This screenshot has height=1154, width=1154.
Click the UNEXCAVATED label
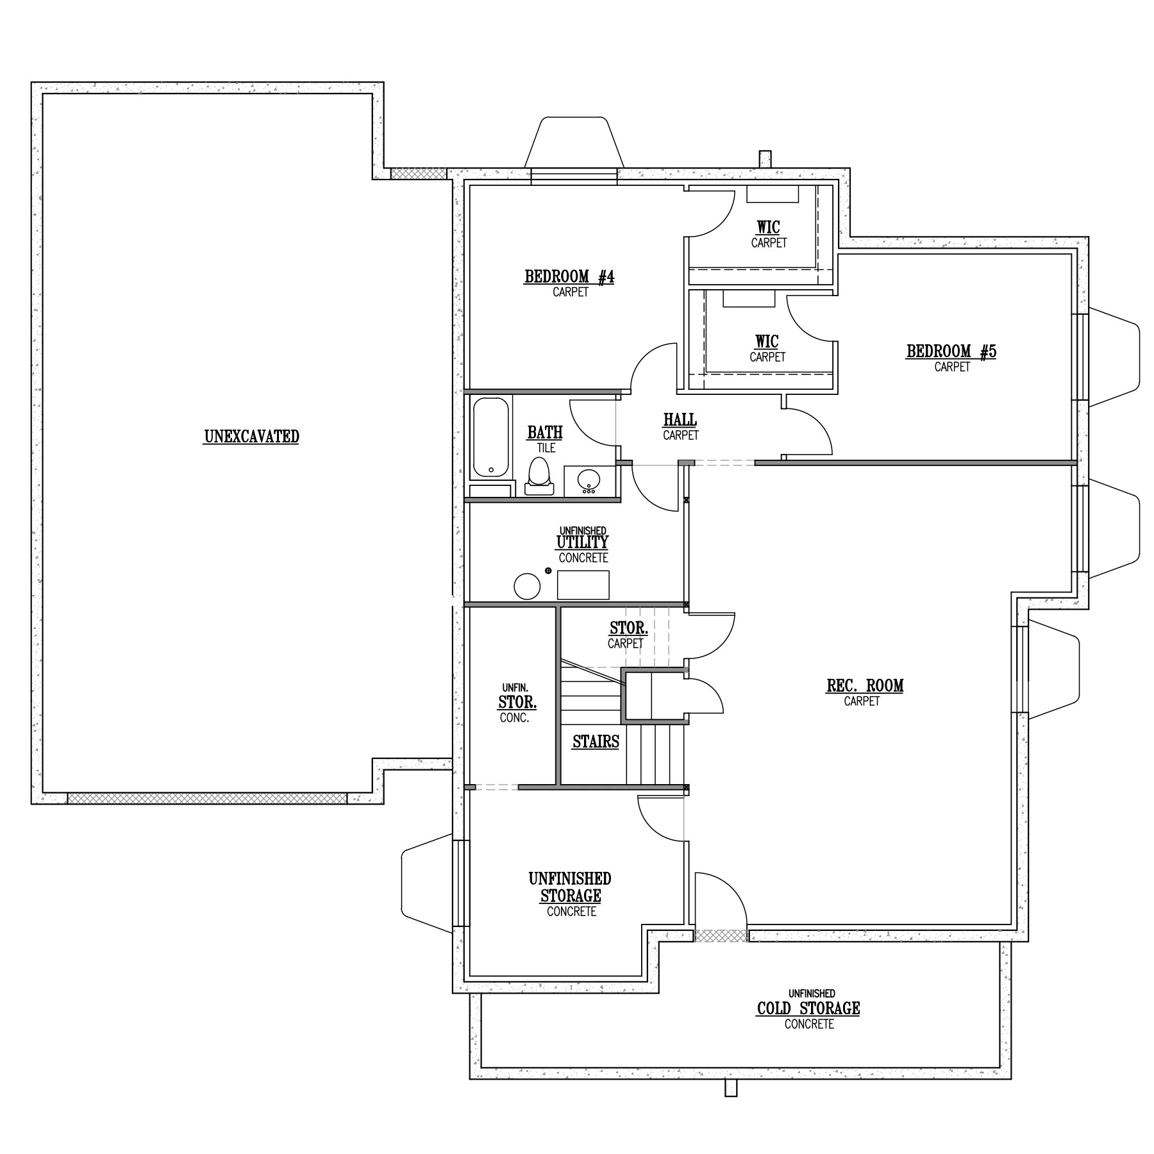point(251,437)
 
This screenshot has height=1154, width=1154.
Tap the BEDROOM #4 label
point(569,277)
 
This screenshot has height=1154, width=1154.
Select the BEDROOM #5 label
point(951,351)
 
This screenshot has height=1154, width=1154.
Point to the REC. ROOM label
point(865,685)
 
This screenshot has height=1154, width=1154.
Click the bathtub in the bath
point(492,437)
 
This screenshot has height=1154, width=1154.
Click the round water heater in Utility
point(527,585)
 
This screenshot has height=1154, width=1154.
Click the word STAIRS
point(596,742)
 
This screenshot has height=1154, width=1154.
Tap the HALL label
point(680,420)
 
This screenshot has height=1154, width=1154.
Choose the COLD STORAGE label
point(808,1008)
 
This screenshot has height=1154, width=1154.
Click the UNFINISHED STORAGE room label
point(571,887)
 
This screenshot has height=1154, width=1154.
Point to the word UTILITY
point(582,542)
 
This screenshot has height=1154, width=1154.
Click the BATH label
point(545,433)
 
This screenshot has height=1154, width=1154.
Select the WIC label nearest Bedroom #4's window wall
point(768,228)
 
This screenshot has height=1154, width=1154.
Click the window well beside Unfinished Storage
point(426,884)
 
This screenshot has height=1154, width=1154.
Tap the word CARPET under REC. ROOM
point(862,701)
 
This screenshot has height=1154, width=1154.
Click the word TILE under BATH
point(546,448)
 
